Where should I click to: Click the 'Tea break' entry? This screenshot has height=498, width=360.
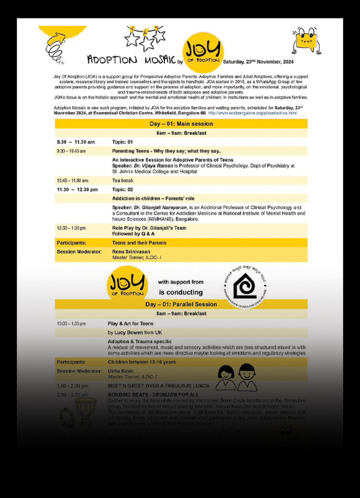pos(123,180)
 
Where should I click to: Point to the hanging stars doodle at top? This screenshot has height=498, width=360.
pos(145,38)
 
